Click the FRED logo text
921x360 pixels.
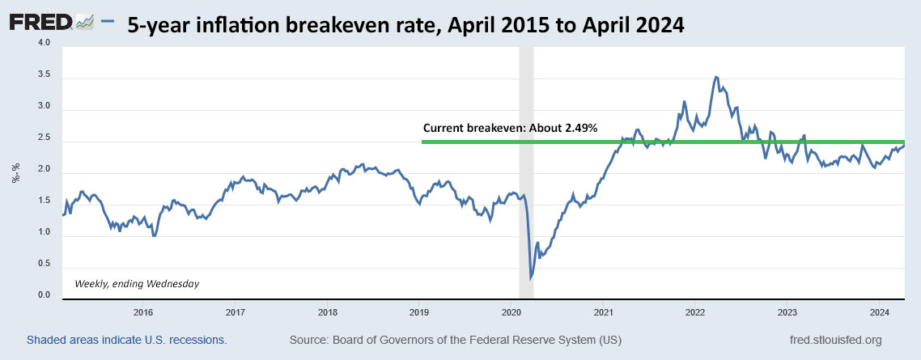point(40,23)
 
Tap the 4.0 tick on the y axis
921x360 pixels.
point(43,43)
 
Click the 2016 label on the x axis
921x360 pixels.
point(142,311)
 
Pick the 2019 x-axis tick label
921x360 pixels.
point(419,311)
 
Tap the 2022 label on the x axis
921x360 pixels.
point(696,311)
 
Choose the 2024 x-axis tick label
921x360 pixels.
point(881,311)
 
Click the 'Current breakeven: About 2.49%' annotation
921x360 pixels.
point(510,128)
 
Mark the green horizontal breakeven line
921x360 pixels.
point(567,142)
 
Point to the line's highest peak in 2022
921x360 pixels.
point(715,77)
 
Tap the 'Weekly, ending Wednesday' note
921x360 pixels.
point(137,283)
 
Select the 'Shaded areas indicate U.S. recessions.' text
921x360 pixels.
point(126,340)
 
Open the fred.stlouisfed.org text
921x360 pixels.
point(834,340)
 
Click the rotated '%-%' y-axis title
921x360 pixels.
point(15,172)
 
